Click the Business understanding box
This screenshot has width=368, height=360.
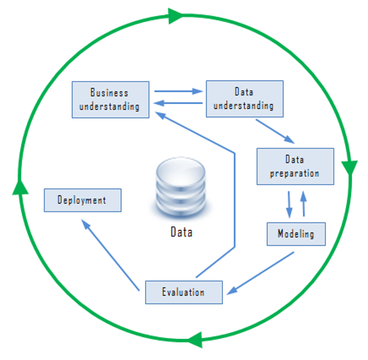[110, 99]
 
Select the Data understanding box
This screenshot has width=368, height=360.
[245, 99]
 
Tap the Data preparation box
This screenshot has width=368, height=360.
[295, 166]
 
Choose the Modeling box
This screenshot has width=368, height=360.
[296, 234]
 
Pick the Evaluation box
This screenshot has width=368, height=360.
[184, 292]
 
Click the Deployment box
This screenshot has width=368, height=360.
[83, 200]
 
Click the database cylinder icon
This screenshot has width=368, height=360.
[181, 187]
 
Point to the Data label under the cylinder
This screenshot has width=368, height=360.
[181, 232]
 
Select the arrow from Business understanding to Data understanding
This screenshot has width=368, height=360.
[178, 91]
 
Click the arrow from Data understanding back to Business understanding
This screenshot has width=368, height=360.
[178, 103]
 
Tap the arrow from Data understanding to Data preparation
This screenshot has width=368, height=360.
[275, 131]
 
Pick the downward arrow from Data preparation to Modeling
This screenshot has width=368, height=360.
[289, 204]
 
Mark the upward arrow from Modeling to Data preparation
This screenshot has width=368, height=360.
[303, 204]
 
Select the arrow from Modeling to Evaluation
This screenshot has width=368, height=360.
[260, 273]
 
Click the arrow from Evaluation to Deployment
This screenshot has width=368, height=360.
[110, 255]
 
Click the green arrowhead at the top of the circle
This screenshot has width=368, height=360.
[175, 16]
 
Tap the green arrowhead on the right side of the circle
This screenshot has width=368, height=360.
[350, 168]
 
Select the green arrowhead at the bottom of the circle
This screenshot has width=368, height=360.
[195, 340]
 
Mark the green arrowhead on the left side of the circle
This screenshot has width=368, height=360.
[20, 187]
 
